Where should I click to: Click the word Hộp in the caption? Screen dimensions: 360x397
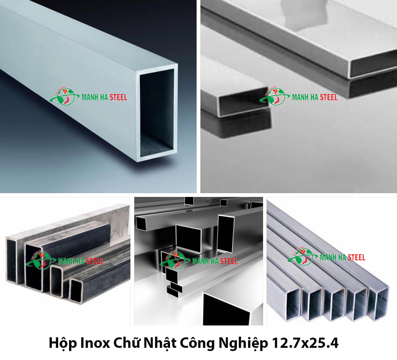(63, 343)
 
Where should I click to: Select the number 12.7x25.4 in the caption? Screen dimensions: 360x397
(305, 343)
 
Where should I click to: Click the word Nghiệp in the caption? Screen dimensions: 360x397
(243, 343)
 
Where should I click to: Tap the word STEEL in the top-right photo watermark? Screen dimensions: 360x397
(329, 97)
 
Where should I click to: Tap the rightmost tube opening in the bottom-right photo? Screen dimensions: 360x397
(378, 303)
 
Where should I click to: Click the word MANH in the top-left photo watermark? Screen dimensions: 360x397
(90, 97)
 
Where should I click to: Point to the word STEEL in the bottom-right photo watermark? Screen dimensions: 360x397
(356, 257)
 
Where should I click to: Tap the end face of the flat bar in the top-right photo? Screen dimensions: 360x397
(372, 64)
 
